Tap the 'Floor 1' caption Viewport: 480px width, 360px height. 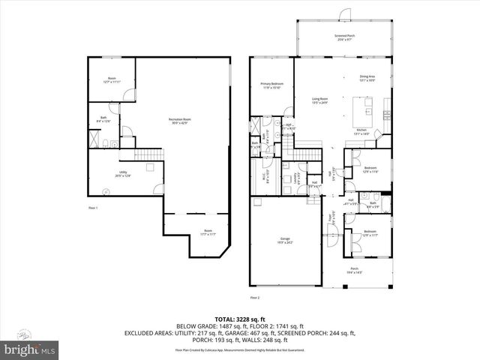click(92, 207)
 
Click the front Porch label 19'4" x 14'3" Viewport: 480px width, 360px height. click(355, 273)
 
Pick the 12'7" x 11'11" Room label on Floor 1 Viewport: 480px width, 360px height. click(112, 80)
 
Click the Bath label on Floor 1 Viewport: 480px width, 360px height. click(103, 121)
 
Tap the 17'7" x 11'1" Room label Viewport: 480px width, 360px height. click(207, 233)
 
